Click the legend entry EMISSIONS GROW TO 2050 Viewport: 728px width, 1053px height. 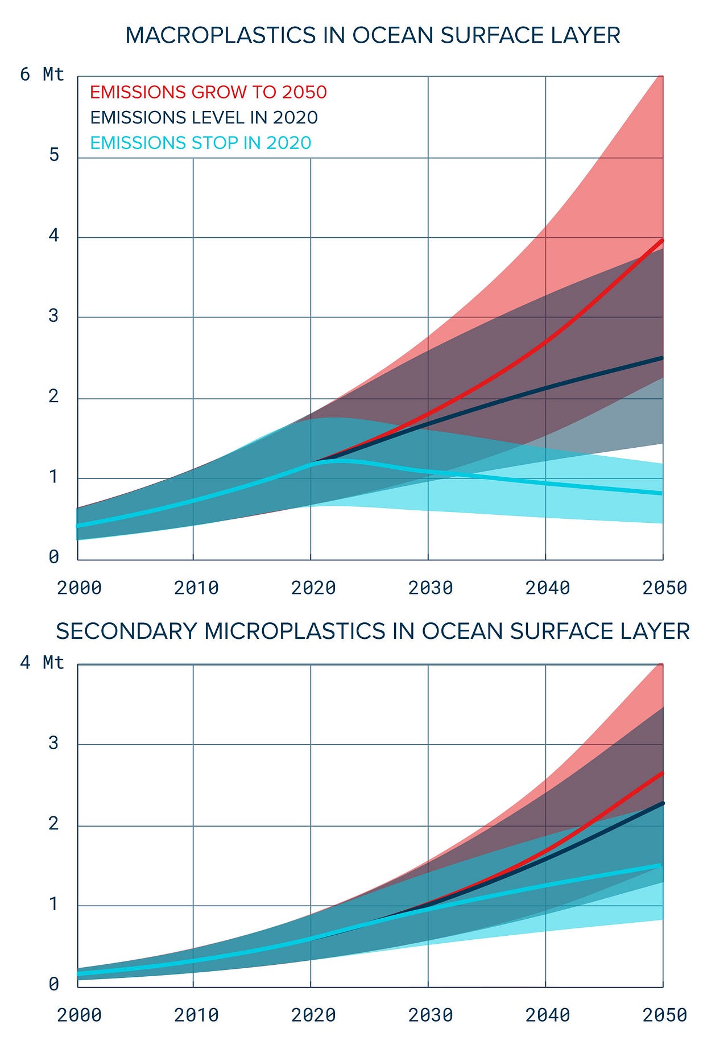tap(208, 92)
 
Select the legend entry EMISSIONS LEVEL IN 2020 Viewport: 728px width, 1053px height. tap(204, 117)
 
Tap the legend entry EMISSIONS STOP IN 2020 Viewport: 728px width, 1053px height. tap(200, 142)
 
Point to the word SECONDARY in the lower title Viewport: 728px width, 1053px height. tap(126, 631)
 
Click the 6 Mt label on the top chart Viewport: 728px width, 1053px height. tap(42, 75)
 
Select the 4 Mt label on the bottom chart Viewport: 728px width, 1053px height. tap(42, 663)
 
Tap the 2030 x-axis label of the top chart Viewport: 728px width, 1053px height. tap(431, 588)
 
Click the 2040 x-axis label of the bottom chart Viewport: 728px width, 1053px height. tap(547, 1015)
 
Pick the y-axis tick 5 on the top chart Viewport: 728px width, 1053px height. tap(54, 155)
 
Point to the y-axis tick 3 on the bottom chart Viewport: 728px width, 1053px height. tap(54, 743)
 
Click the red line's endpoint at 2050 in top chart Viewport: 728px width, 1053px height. tap(662, 241)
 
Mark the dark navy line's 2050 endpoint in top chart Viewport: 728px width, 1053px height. tap(662, 358)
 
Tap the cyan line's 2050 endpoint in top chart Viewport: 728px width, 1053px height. tap(662, 493)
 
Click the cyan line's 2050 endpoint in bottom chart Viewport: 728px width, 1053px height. tap(662, 865)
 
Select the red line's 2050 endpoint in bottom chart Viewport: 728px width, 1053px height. tap(662, 773)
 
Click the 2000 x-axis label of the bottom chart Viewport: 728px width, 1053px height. tap(79, 1015)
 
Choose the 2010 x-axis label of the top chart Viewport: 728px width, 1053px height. tap(196, 588)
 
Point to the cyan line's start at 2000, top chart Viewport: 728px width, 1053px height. tap(78, 526)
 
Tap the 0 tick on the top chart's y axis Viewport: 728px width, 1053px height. tap(54, 557)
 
